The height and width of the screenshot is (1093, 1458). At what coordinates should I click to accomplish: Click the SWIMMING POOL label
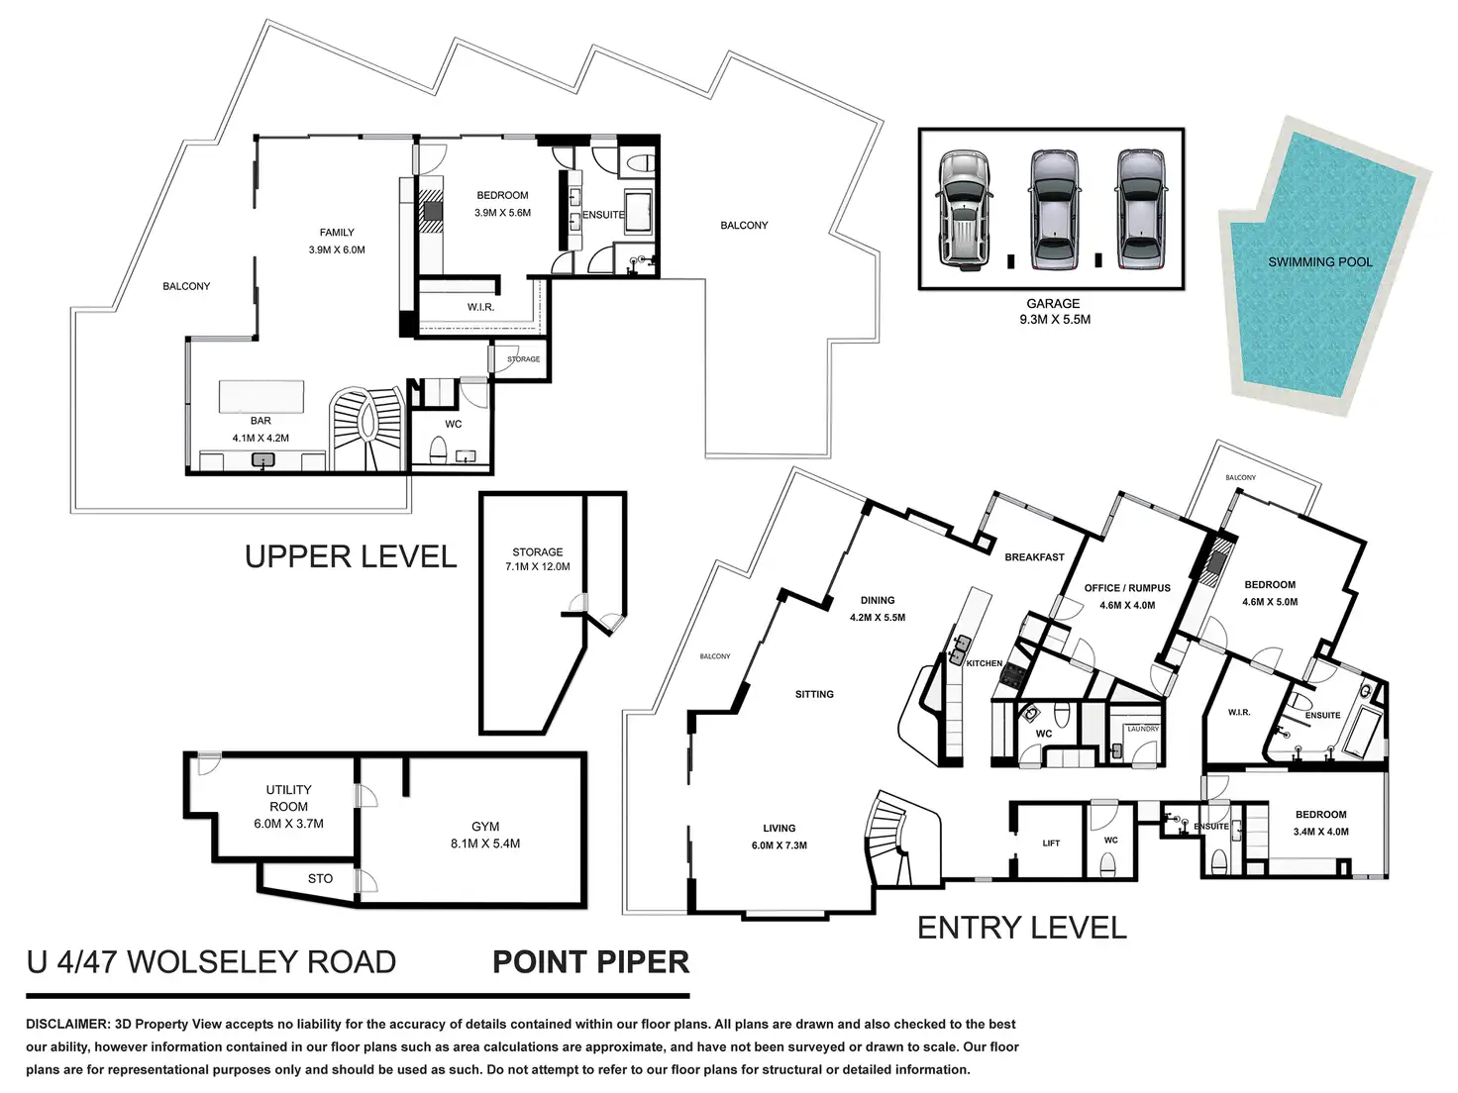tap(1319, 262)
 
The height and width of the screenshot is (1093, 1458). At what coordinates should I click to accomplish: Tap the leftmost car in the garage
tap(964, 210)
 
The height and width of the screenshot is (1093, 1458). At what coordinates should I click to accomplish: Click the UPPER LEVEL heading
tap(351, 556)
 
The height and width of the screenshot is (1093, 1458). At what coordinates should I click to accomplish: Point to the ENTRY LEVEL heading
tap(1021, 927)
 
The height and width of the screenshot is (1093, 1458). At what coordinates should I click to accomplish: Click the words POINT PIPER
tap(590, 962)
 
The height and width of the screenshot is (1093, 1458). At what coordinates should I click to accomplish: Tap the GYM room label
tap(485, 827)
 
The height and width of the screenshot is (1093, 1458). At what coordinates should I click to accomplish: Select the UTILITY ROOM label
tap(288, 798)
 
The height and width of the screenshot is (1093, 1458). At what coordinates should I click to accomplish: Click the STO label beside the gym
tap(320, 878)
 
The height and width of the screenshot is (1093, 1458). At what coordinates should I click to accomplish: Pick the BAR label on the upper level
tap(260, 421)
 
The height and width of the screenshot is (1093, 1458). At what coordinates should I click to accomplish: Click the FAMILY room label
tap(337, 233)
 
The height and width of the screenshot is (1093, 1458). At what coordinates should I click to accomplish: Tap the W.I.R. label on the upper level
tap(480, 307)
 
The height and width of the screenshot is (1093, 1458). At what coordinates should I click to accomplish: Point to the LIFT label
tap(1051, 843)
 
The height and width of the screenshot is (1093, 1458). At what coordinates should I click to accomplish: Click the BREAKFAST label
tap(1034, 557)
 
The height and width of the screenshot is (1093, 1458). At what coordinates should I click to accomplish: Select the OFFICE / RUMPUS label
tap(1127, 588)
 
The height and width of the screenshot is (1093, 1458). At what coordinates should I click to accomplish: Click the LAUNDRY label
tap(1142, 729)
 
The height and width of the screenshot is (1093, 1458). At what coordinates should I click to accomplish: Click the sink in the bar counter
tap(263, 460)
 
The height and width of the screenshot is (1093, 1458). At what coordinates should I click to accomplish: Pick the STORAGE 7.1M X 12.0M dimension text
tap(538, 559)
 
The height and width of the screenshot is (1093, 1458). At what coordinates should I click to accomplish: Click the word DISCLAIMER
tap(67, 1024)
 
